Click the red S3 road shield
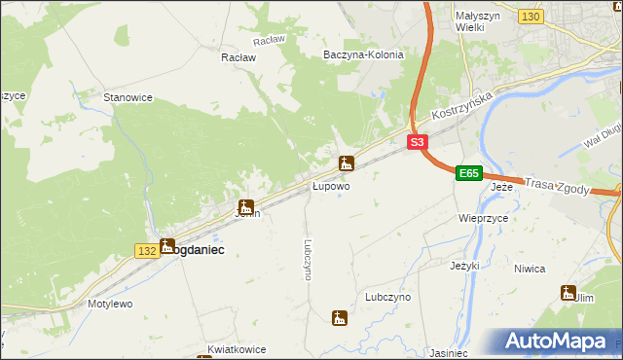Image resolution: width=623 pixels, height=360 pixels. click(417, 142)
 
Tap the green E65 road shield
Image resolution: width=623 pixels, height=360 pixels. click(469, 173)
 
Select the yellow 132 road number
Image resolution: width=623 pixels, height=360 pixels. click(147, 251)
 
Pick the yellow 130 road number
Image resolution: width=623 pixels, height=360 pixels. click(531, 17)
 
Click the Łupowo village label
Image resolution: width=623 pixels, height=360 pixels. click(331, 185)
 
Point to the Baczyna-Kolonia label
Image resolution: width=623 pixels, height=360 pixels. click(363, 54)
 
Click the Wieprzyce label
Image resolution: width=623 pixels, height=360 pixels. click(484, 219)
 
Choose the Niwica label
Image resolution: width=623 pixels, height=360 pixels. click(529, 269)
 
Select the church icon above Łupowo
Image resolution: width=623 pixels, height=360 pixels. click(346, 163)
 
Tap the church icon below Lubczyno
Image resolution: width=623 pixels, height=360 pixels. click(339, 317)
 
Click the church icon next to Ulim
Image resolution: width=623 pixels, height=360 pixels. click(568, 292)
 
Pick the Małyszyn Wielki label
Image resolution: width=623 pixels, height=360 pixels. click(478, 21)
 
